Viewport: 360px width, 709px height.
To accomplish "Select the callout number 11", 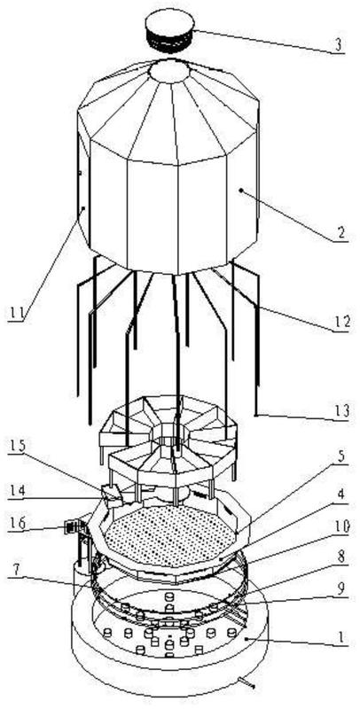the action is pyautogui.click(x=16, y=313).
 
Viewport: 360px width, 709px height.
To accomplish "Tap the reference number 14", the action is pyautogui.click(x=17, y=490).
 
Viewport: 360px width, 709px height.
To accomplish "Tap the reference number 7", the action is pyautogui.click(x=17, y=570).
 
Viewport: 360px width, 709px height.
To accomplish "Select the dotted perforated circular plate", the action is pyautogui.click(x=170, y=535).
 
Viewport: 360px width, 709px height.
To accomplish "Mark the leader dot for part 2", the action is pyautogui.click(x=240, y=191).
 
